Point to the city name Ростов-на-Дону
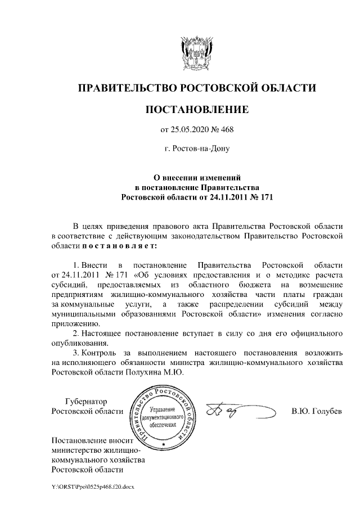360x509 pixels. (197, 149)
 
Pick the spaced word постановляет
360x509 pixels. (119, 246)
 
